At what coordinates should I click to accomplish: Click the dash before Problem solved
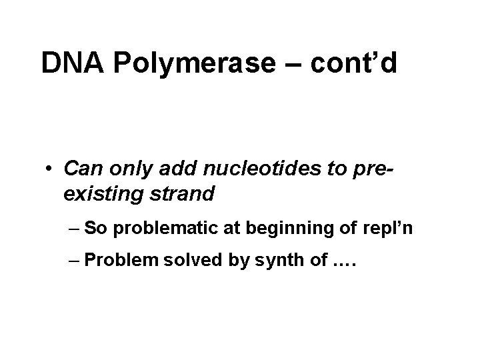pyautogui.click(x=75, y=263)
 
